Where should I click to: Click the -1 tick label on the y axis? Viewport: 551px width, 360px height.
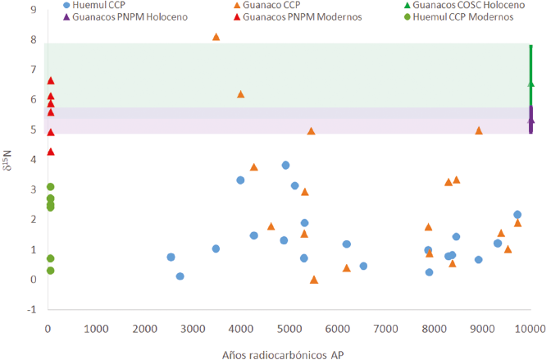(32, 310)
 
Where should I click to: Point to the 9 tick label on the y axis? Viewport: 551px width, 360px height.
(33, 10)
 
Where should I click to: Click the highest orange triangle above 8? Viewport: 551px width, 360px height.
(216, 37)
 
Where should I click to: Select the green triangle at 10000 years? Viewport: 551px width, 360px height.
(531, 83)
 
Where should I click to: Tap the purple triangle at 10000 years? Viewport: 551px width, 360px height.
(531, 120)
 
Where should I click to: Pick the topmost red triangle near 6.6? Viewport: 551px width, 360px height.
(51, 80)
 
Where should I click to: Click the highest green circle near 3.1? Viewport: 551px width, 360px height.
(50, 187)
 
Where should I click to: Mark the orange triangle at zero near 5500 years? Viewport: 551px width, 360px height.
(314, 280)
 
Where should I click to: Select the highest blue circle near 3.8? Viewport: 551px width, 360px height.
(286, 165)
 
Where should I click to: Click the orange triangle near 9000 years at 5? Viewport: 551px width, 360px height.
(480, 130)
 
